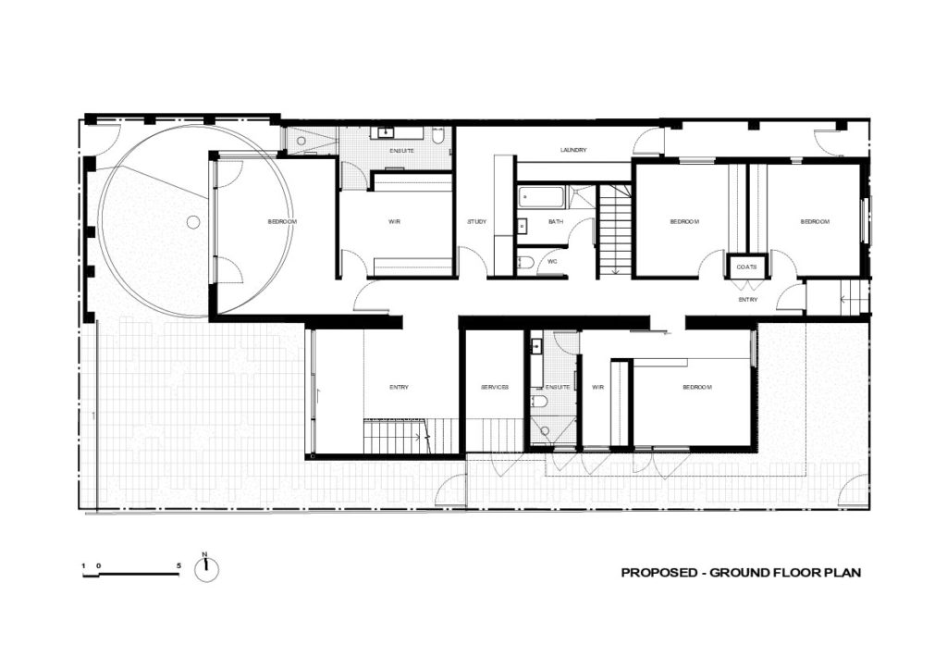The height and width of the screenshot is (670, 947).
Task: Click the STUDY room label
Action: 477,222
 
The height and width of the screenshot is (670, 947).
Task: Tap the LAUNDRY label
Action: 573,151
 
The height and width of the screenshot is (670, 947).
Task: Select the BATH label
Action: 555,222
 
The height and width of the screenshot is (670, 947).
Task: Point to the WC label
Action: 553,261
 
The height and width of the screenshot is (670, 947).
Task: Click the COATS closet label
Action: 747,267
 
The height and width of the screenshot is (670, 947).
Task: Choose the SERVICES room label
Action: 495,387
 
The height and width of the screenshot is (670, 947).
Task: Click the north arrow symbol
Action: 207,569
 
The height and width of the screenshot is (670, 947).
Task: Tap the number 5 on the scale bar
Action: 178,564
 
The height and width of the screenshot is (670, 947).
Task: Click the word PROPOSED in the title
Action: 658,573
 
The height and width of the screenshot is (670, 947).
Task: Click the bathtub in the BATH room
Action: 540,197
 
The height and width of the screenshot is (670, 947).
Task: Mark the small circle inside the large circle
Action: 192,222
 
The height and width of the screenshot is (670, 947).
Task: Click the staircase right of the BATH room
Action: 611,231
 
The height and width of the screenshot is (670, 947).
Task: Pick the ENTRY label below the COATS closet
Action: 747,300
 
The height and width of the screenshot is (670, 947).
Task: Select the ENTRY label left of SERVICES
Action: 399,387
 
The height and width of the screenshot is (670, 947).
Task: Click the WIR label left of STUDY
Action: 394,222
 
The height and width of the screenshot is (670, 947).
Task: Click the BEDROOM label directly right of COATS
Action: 814,222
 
